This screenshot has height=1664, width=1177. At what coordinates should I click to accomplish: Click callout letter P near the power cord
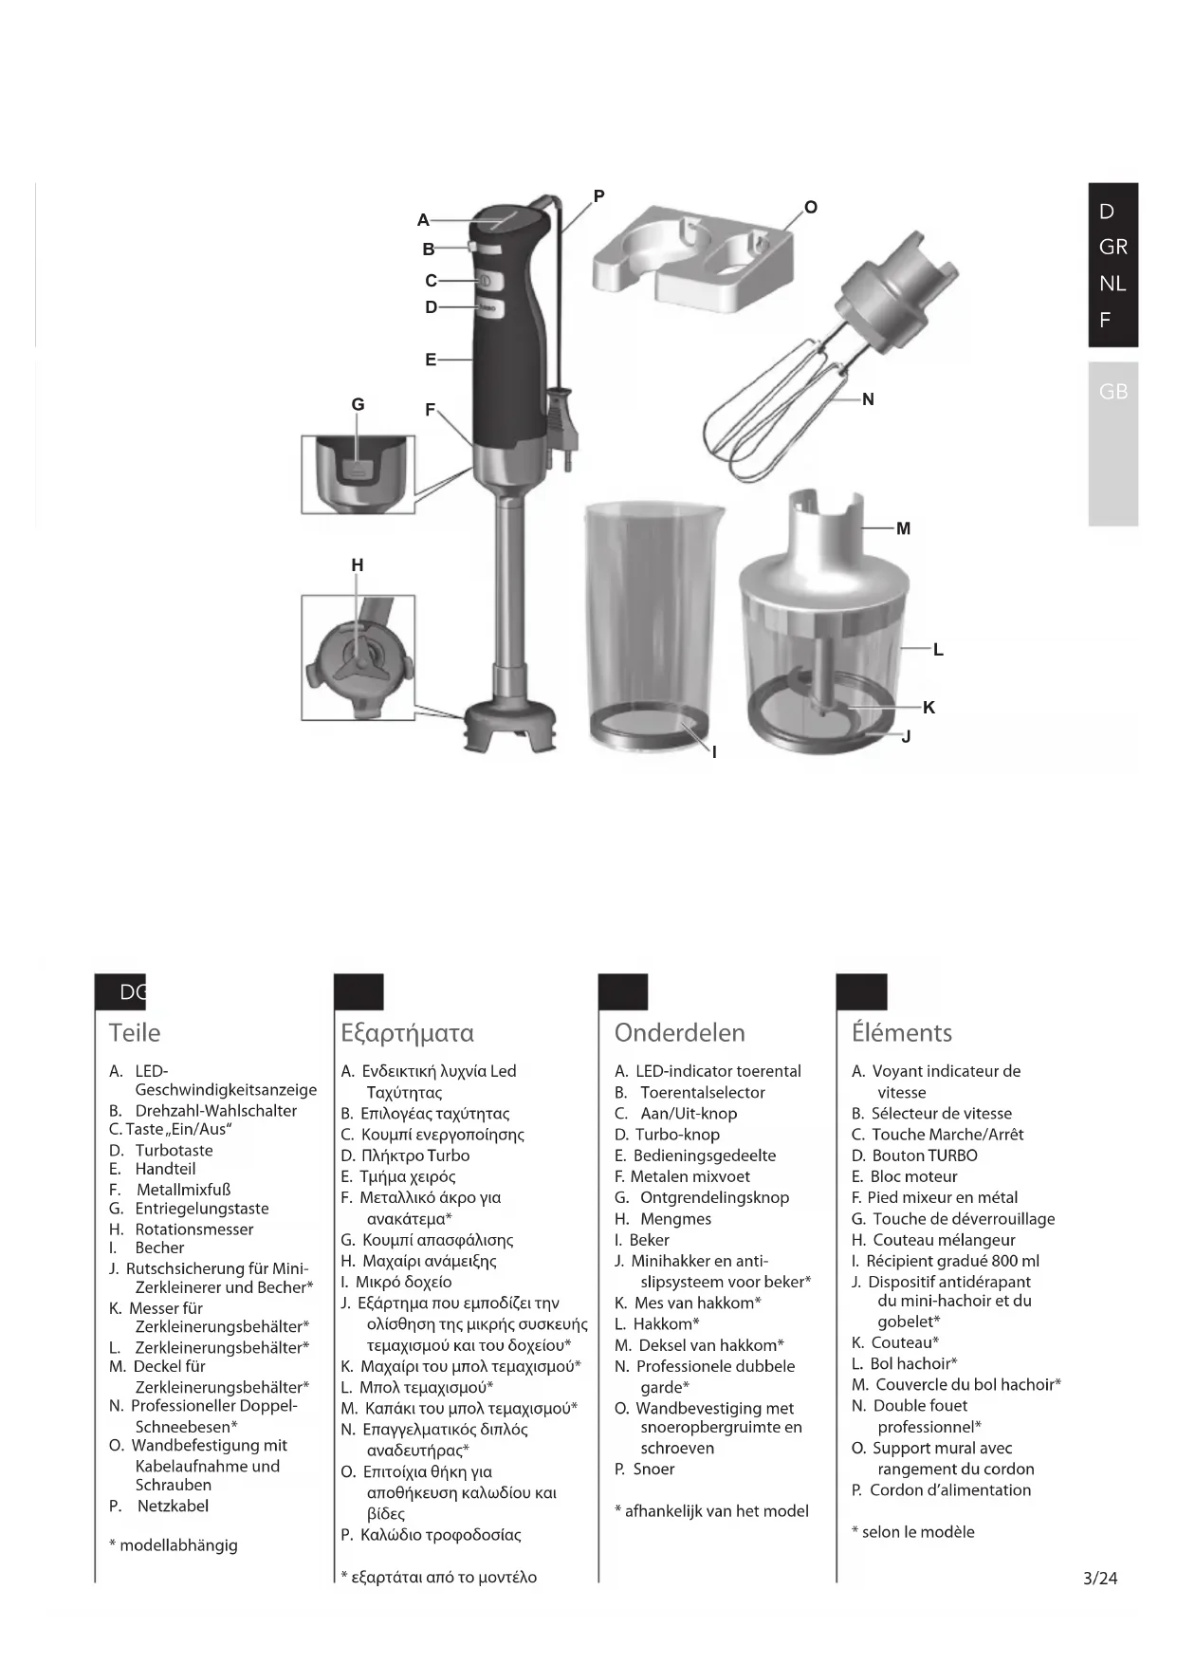[x=598, y=196]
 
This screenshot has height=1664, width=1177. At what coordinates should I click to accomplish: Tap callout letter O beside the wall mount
[x=810, y=207]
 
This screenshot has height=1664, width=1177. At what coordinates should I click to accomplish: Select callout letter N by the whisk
[x=868, y=399]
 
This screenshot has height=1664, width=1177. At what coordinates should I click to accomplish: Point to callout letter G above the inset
[x=358, y=404]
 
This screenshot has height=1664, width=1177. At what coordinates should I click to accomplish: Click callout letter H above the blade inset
[x=358, y=564]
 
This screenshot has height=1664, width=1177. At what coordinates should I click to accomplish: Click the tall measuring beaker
[x=653, y=626]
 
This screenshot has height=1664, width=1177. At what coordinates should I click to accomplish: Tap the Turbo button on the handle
[x=489, y=308]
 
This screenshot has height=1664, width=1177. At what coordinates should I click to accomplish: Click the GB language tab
[x=1113, y=391]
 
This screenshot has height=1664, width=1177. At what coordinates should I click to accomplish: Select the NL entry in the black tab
[x=1113, y=283]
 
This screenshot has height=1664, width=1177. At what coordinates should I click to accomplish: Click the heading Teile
[x=135, y=1032]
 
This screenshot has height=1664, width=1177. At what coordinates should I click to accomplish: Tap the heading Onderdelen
[x=679, y=1032]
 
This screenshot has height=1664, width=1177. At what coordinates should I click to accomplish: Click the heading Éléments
[x=901, y=1032]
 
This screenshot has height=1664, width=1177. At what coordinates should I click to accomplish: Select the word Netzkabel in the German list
[x=173, y=1506]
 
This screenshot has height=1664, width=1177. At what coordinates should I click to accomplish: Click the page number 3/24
[x=1100, y=1579]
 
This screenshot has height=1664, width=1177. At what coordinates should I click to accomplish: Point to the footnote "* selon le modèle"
[x=912, y=1531]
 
